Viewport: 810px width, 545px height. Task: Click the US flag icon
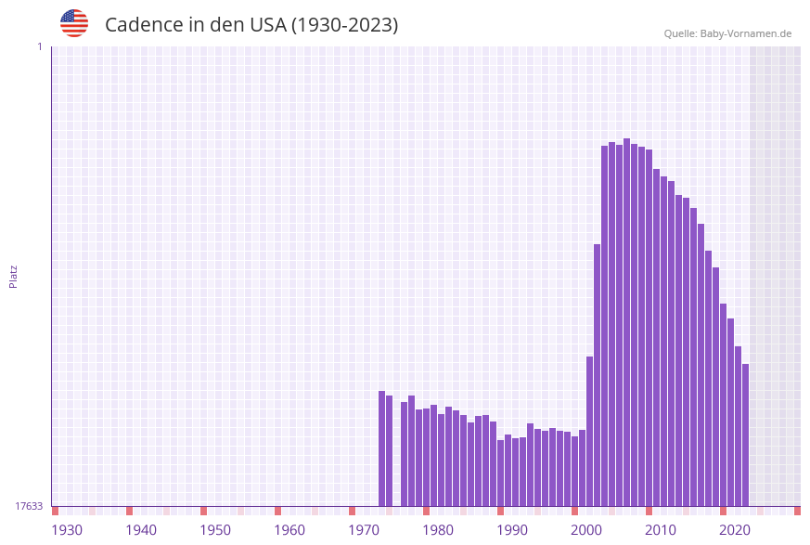pos(74,23)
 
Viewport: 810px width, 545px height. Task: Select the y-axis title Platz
pos(14,276)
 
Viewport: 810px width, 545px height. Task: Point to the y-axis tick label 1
pos(39,46)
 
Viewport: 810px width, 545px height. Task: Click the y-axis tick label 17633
pos(29,506)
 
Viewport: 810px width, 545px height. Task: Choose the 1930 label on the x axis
pos(67,530)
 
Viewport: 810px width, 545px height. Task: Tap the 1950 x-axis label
pos(215,530)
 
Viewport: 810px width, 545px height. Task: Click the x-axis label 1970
pos(364,530)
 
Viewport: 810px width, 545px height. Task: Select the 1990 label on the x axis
pos(512,530)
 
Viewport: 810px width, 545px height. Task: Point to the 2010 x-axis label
pos(661,530)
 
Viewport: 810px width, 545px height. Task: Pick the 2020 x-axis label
pos(735,530)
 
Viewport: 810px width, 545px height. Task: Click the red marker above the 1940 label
pos(129,511)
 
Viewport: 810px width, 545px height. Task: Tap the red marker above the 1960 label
pos(277,511)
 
